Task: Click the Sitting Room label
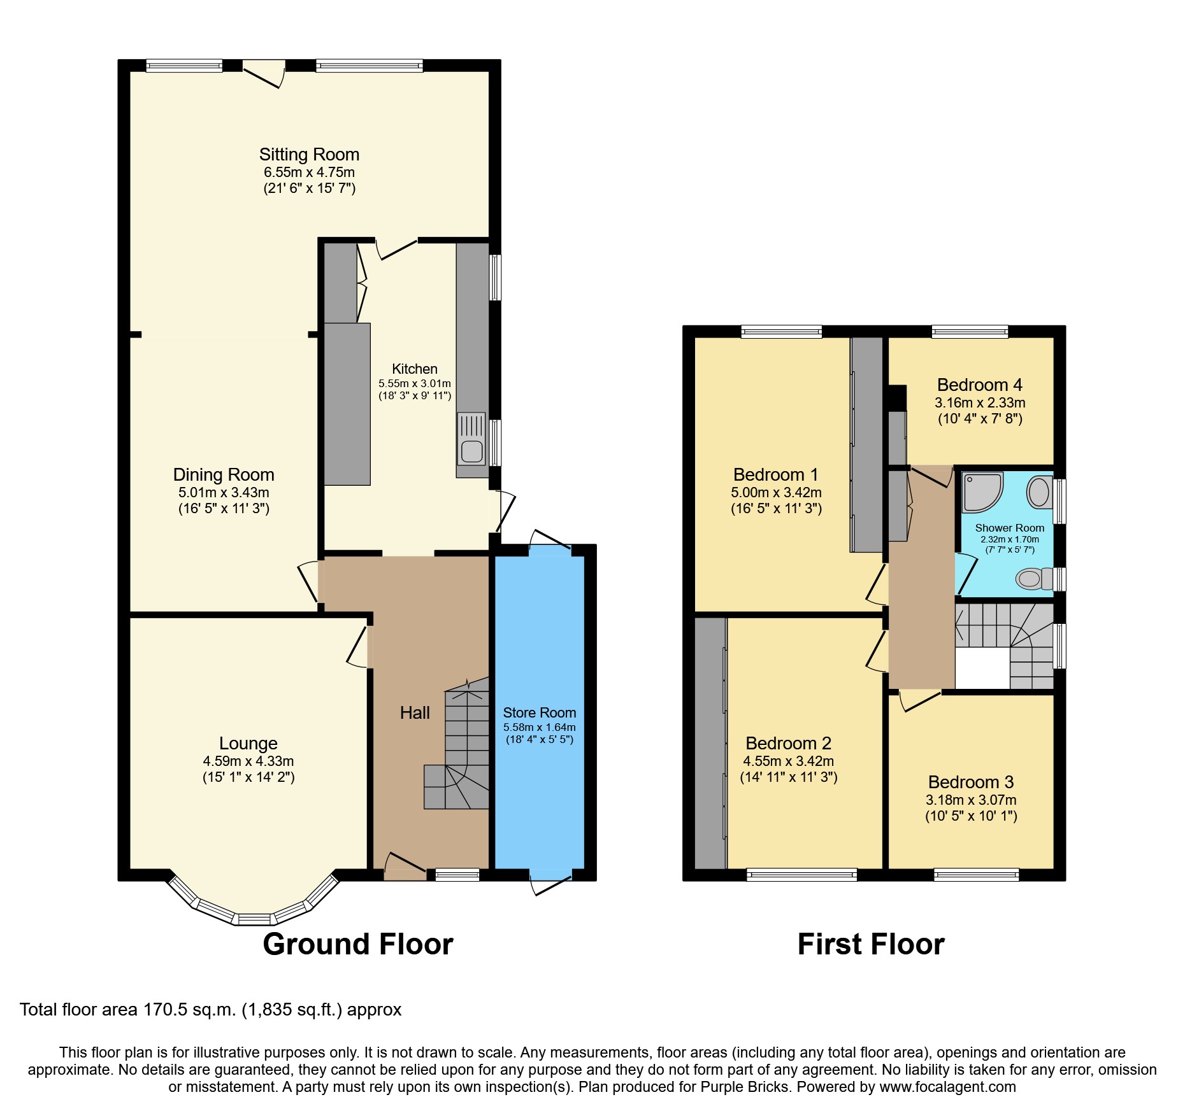(309, 155)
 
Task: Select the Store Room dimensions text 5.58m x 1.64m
(540, 727)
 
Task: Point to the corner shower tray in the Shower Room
(982, 492)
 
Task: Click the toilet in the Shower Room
(1034, 579)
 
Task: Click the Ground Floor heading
(358, 944)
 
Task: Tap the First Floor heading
(871, 944)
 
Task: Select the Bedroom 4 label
(980, 385)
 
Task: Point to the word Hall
(415, 713)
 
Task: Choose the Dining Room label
(224, 475)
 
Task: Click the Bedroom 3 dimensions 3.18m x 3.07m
(971, 800)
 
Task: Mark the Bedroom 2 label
(789, 744)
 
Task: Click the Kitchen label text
(415, 369)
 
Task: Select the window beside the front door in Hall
(457, 875)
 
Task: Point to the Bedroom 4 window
(970, 332)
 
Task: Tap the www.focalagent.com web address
(948, 1087)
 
